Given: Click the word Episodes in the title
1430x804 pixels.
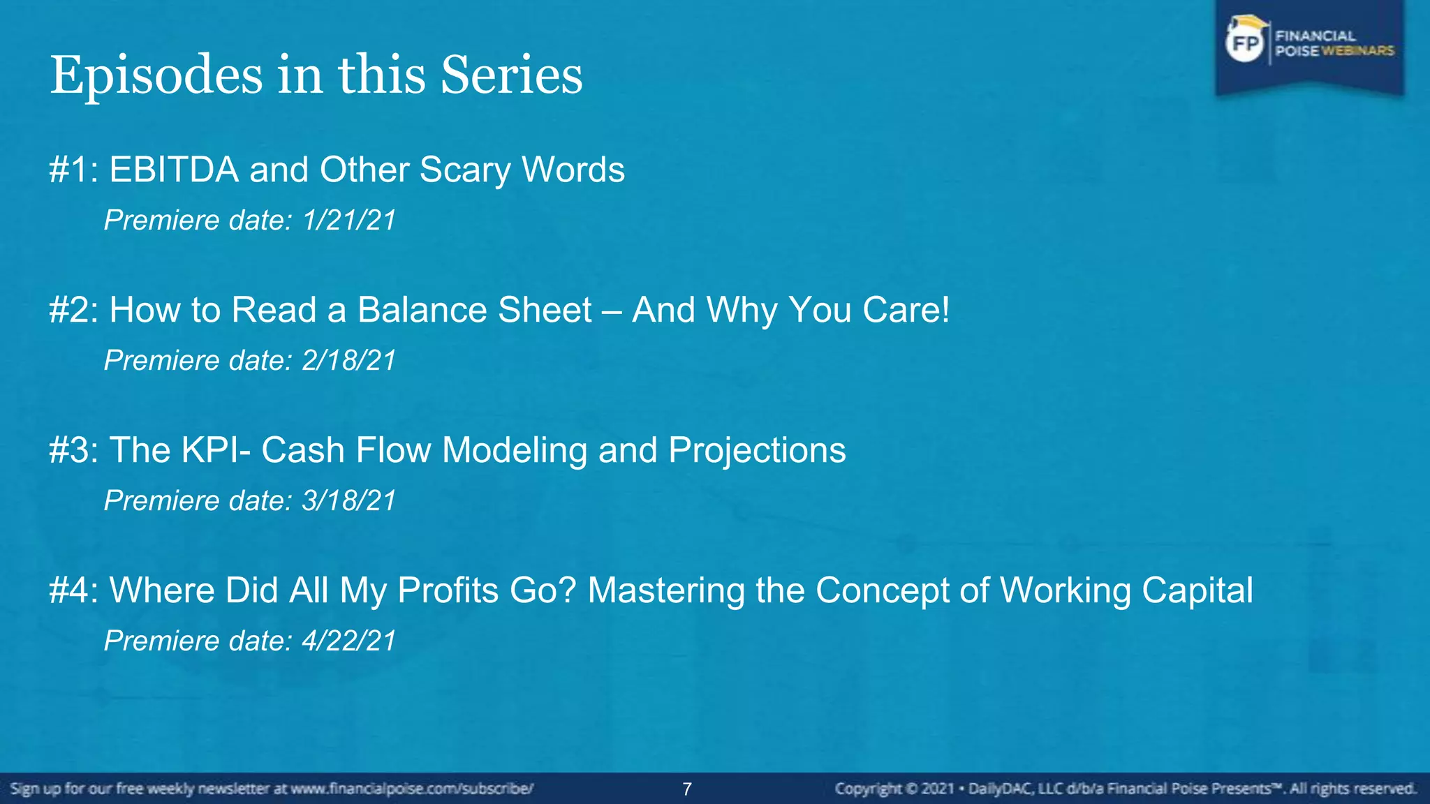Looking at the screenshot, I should [156, 75].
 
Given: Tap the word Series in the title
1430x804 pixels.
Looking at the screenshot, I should [511, 75].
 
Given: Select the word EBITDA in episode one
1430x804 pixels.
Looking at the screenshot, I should [174, 170].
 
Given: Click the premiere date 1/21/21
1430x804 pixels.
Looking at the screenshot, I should [349, 221].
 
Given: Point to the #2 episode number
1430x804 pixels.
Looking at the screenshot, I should [73, 310].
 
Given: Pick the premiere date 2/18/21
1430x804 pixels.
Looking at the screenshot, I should [349, 361].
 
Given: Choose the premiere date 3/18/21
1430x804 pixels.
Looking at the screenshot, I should [349, 501].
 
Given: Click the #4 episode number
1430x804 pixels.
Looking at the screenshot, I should [73, 590].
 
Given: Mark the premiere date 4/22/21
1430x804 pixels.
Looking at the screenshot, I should [349, 641].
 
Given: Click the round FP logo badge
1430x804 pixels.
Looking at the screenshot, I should [1246, 44].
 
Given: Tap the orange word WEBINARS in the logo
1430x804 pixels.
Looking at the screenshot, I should [1357, 51].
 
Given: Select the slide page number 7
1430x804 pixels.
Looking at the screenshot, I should [687, 789].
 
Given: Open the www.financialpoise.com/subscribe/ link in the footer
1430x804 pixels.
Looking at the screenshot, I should [412, 789].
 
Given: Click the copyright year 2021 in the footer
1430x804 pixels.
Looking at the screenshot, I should [937, 789].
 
